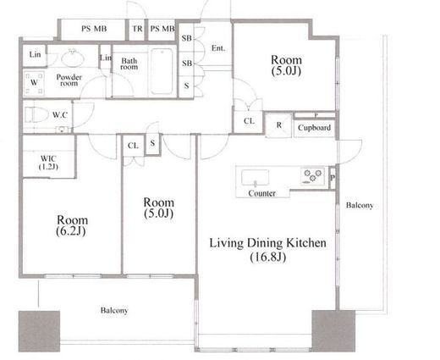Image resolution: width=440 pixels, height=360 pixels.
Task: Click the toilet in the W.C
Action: [x=36, y=114]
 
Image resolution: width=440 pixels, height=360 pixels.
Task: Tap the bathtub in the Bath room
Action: [x=162, y=71]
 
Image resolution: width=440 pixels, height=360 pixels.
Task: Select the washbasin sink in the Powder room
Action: [x=73, y=58]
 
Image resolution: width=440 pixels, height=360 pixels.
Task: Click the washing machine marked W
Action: [x=34, y=83]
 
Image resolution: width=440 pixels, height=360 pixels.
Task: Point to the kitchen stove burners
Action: [x=312, y=176]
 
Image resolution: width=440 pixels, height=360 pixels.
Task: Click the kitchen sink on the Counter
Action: [x=255, y=178]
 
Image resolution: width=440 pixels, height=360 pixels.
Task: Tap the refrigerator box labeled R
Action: [x=278, y=125]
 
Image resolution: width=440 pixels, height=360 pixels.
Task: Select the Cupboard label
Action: [x=314, y=128]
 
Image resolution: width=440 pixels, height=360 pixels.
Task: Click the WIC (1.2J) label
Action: [x=48, y=163]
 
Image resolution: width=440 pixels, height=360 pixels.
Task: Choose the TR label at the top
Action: [x=137, y=29]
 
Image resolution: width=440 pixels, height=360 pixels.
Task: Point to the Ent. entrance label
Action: [x=218, y=48]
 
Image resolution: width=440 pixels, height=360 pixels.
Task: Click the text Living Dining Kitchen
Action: [x=267, y=243]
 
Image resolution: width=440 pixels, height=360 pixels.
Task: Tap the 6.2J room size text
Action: [x=71, y=231]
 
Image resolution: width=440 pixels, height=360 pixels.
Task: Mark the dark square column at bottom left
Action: [x=39, y=331]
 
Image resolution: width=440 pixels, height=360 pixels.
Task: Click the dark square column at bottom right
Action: [x=333, y=331]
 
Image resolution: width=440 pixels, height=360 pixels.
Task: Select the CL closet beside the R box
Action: [x=249, y=121]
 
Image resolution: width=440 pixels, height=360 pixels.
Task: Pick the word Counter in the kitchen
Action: [x=261, y=193]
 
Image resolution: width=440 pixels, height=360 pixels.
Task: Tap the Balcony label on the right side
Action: [x=360, y=205]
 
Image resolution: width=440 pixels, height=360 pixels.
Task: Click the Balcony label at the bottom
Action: [x=114, y=310]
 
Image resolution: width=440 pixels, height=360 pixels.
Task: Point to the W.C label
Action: [x=60, y=115]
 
